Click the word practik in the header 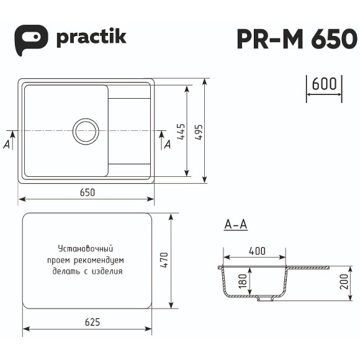click(x=91, y=37)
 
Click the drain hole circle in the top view click(x=86, y=131)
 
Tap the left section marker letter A click(x=6, y=144)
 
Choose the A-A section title click(x=235, y=225)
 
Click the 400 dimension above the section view click(x=257, y=251)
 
